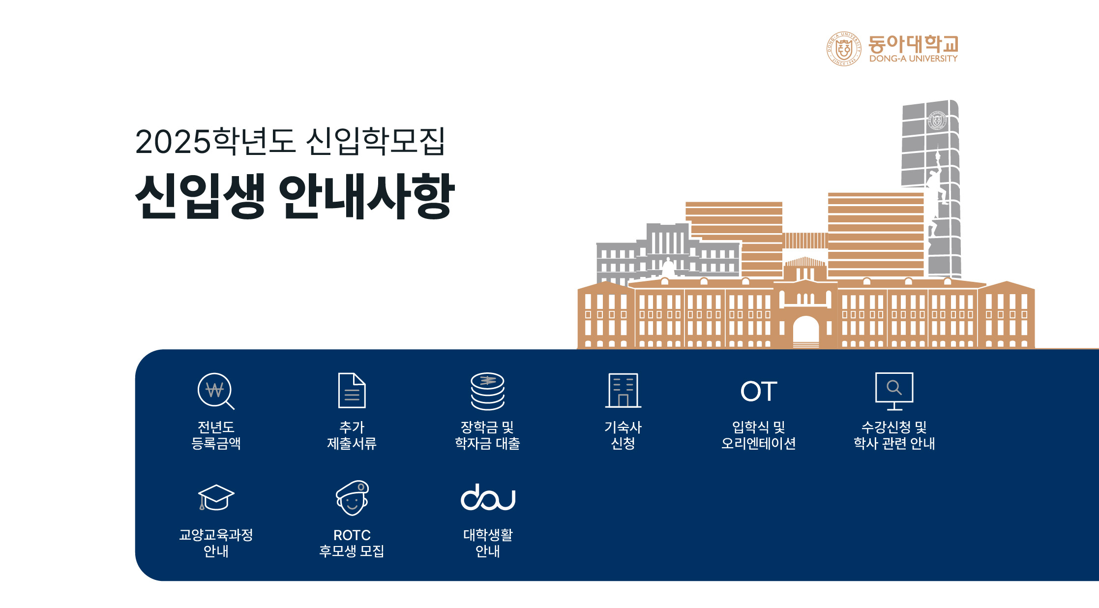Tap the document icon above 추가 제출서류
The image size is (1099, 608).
point(352,391)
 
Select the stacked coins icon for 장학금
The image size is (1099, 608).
point(487,391)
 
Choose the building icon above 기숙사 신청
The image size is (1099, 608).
point(623,391)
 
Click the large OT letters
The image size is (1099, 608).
point(759,392)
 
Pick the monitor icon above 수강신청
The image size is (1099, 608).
point(894,391)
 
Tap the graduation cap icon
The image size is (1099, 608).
point(216,497)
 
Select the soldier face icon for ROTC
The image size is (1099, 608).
point(352,498)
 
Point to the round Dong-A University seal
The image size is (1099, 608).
point(844,49)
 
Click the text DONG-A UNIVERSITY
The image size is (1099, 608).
point(913,59)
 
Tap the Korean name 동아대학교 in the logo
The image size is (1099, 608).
point(913,44)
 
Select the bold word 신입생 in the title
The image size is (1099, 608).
point(200,196)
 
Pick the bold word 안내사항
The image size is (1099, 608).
point(367,196)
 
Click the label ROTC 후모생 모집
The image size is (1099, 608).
point(352,543)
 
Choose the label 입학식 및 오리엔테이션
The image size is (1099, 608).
point(758,435)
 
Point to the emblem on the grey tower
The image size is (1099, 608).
point(937,121)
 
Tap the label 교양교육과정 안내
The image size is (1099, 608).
point(216,543)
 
